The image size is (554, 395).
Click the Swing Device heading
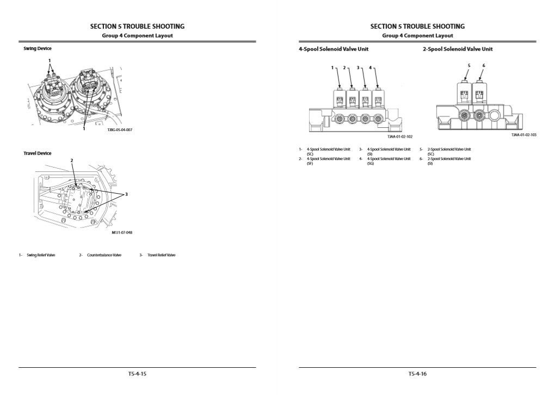click(x=37, y=48)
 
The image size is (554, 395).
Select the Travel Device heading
click(x=37, y=153)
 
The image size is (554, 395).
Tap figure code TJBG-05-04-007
click(x=120, y=129)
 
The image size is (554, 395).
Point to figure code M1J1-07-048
click(x=122, y=232)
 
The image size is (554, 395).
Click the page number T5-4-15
click(x=137, y=374)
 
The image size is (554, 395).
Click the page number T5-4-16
click(x=417, y=374)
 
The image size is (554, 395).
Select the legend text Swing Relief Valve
click(x=41, y=255)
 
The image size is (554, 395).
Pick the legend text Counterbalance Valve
click(x=104, y=255)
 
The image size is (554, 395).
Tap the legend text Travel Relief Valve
click(x=161, y=255)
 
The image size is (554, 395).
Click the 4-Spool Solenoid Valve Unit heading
click(x=333, y=49)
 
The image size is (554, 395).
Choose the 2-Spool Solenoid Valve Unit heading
click(x=458, y=49)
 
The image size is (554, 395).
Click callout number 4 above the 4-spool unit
click(x=370, y=68)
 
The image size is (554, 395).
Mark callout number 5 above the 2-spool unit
click(x=469, y=65)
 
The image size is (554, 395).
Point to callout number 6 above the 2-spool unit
click(x=483, y=65)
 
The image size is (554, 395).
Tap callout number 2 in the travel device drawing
click(x=72, y=161)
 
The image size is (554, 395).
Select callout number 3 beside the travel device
click(x=126, y=194)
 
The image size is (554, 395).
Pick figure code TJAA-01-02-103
click(x=524, y=135)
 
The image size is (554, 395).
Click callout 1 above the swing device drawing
click(x=50, y=60)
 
